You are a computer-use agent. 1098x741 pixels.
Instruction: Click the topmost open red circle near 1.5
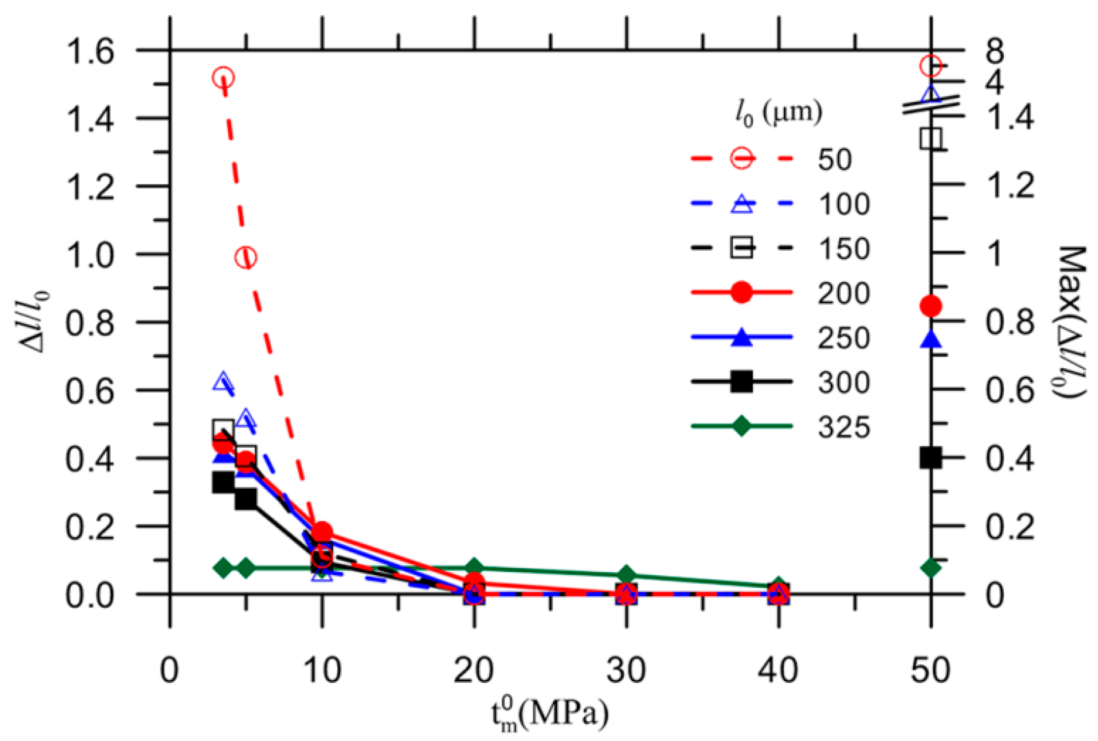pyautogui.click(x=223, y=78)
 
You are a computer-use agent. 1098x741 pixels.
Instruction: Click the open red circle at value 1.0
pyautogui.click(x=246, y=257)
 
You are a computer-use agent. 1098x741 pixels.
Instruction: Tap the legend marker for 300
pyautogui.click(x=741, y=382)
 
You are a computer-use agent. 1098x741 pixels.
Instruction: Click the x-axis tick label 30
pyautogui.click(x=626, y=671)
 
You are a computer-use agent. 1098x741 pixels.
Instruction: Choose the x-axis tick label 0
pyautogui.click(x=169, y=671)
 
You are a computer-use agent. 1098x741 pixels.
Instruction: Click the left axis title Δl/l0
pyautogui.click(x=37, y=322)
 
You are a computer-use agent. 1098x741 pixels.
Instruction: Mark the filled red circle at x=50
pyautogui.click(x=931, y=306)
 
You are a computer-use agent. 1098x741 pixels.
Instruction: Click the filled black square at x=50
pyautogui.click(x=931, y=458)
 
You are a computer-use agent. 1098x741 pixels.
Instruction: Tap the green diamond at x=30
pyautogui.click(x=626, y=575)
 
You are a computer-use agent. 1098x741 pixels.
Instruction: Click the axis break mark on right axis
pyautogui.click(x=931, y=105)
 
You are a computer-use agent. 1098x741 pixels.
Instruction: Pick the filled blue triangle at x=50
pyautogui.click(x=931, y=340)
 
